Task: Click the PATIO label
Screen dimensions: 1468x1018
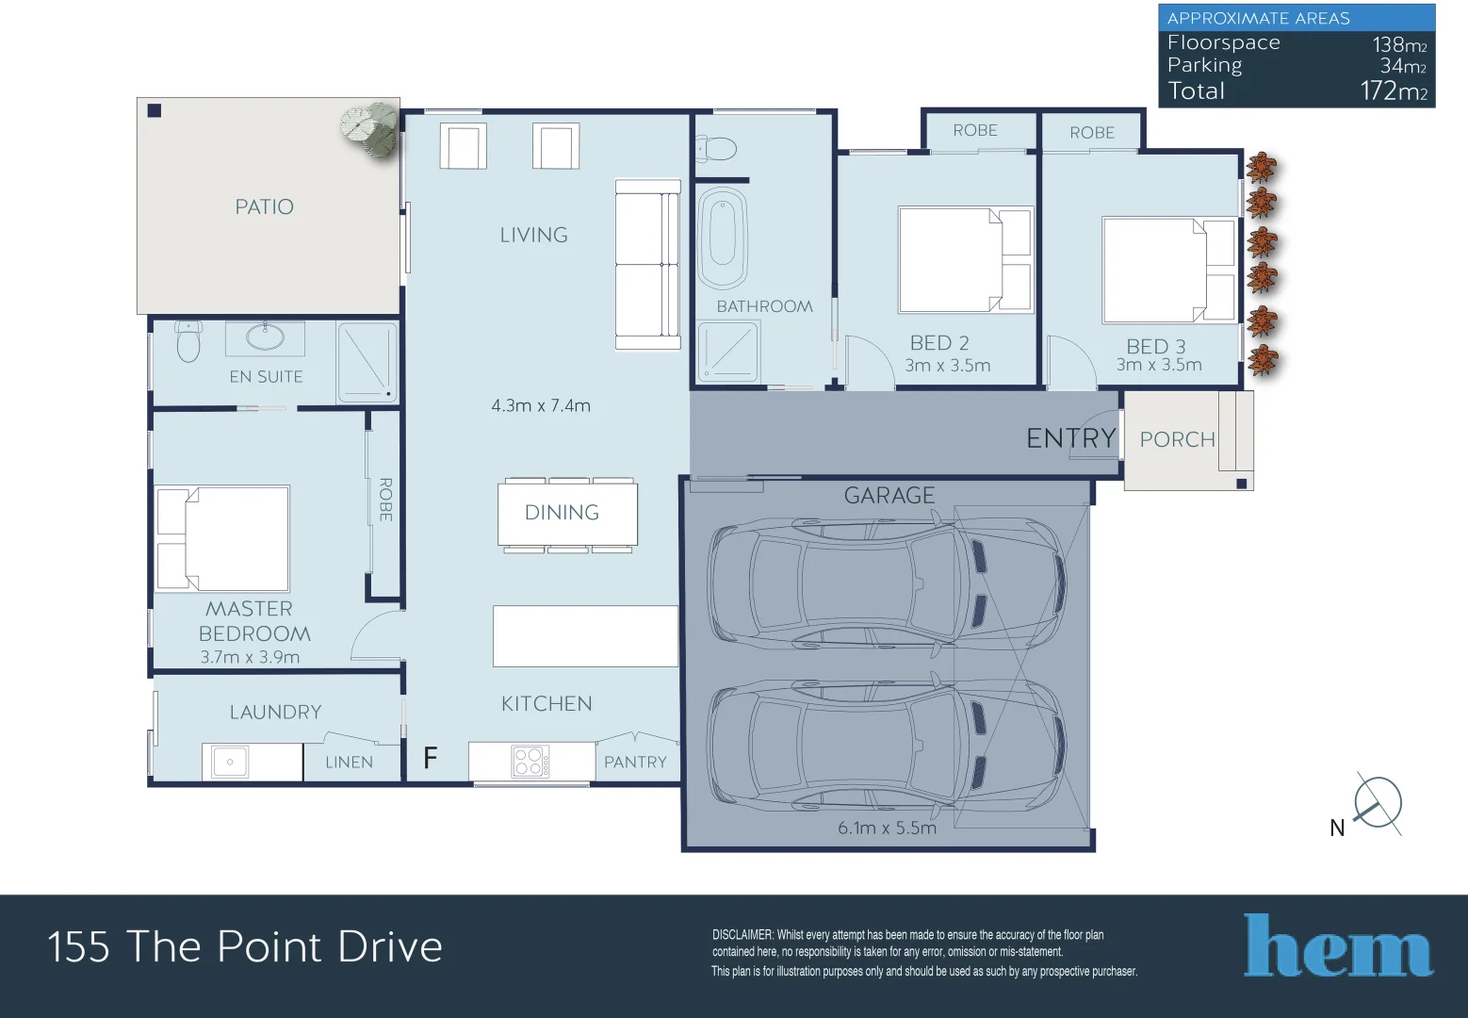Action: (264, 206)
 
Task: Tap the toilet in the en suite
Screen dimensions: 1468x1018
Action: (188, 341)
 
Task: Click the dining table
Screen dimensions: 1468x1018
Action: (567, 513)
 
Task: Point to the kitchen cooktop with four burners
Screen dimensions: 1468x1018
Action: (530, 762)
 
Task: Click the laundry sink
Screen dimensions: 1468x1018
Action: (230, 762)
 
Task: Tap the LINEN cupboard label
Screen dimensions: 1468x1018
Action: (350, 762)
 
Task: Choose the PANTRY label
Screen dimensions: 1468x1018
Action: (635, 762)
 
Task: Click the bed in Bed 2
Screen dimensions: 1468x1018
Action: (966, 259)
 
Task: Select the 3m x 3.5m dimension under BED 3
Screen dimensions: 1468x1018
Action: (1159, 365)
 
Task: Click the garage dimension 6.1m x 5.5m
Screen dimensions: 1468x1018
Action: (887, 828)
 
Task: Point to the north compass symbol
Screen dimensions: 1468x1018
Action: (1378, 804)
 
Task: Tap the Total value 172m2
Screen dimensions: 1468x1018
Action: (1394, 91)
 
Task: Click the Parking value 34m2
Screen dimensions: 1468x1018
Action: (1403, 66)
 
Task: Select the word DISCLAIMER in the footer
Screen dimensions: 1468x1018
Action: (742, 935)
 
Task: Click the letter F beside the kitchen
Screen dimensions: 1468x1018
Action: (430, 758)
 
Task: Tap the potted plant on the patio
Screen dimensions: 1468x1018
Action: (370, 128)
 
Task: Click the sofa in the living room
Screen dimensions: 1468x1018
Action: (647, 264)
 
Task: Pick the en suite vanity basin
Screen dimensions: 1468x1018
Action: (265, 337)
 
